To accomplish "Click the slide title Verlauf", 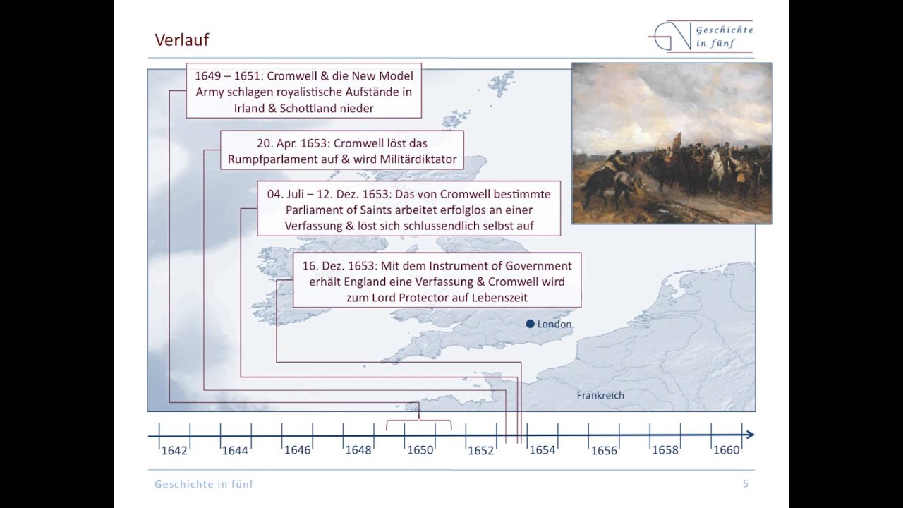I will tap(181, 40).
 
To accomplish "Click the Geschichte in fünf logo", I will tap(700, 36).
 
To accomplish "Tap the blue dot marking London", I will tap(530, 324).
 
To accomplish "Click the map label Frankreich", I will tap(600, 395).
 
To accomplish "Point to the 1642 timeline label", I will tap(174, 450).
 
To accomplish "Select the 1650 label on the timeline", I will tap(420, 450).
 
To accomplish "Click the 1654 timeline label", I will tap(543, 450).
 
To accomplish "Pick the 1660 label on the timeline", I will tap(726, 450).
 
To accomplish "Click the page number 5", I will tap(746, 484).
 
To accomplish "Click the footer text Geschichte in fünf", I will tap(204, 484).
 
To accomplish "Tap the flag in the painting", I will tap(677, 139).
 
